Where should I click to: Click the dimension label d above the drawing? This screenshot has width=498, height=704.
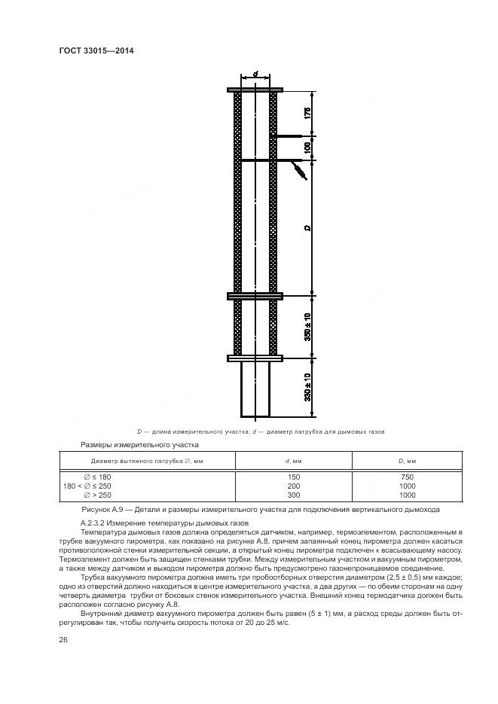coord(256,75)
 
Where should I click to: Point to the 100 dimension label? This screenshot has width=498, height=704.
coord(308,148)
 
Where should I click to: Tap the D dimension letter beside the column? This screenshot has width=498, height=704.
coord(308,228)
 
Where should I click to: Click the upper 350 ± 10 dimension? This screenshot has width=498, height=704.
coord(308,325)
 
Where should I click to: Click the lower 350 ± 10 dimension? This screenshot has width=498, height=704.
coord(308,386)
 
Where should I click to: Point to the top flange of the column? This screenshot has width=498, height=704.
coord(255,90)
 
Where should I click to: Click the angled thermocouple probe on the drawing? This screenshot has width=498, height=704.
coord(296,171)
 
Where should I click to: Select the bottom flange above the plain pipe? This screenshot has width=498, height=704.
coord(255,358)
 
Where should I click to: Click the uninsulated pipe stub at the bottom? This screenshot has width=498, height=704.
coord(255,388)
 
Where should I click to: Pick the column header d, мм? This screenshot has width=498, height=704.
coord(294,461)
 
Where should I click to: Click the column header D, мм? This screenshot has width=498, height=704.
coord(407,461)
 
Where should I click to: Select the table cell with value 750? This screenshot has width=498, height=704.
coord(407,477)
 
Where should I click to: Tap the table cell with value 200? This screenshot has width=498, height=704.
coord(294,486)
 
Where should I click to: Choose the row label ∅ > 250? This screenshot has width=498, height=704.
coord(97,495)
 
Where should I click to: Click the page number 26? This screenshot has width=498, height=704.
coord(64,640)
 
